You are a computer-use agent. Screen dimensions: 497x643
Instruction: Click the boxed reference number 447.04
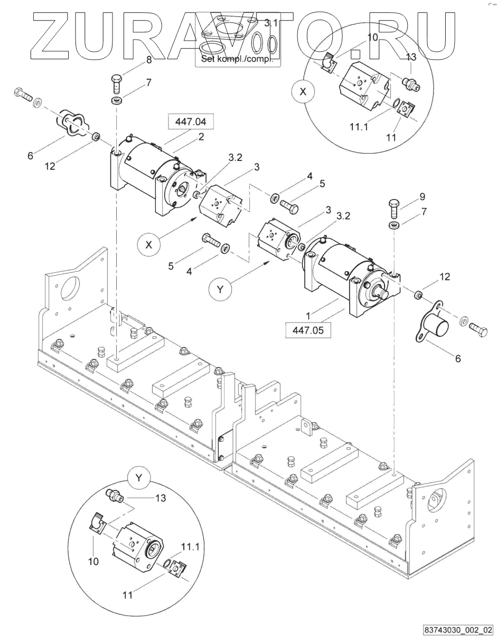[x=191, y=121]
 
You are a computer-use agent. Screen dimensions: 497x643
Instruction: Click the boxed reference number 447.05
[x=308, y=330]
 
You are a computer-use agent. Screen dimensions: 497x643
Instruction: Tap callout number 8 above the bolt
[x=149, y=60]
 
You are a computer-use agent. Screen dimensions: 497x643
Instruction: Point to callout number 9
[x=423, y=197]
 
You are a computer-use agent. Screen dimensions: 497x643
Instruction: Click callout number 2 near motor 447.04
[x=201, y=137]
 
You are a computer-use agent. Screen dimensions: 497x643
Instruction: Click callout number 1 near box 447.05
[x=308, y=316]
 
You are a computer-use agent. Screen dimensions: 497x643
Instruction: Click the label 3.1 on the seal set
[x=270, y=23]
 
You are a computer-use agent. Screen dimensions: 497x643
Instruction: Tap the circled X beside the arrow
[x=148, y=245]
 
